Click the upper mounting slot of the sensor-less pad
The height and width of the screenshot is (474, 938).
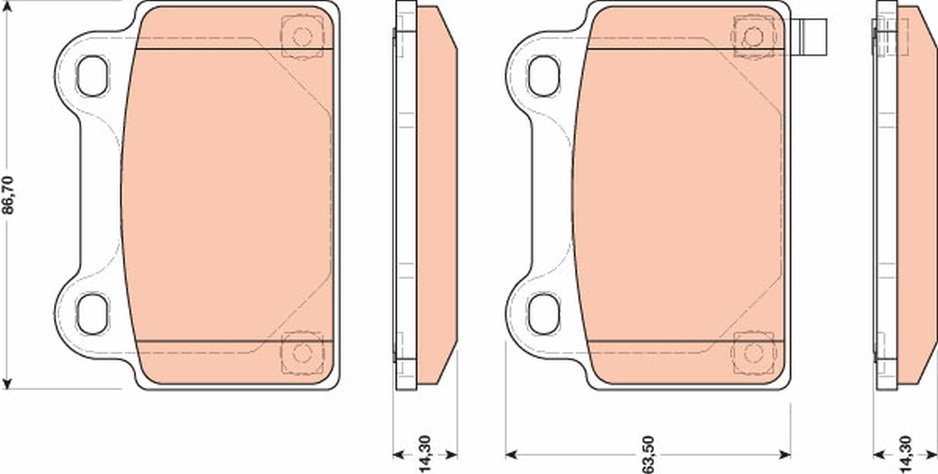(92, 76)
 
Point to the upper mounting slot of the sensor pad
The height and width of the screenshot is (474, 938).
(544, 76)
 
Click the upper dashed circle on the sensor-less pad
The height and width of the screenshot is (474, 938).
(302, 36)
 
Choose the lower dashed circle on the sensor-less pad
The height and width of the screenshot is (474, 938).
(302, 352)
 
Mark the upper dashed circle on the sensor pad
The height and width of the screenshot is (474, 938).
(754, 36)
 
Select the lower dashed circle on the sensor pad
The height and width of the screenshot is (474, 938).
(754, 352)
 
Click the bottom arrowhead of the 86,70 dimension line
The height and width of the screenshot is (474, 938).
(8, 382)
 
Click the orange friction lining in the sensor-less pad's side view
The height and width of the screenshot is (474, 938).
(436, 196)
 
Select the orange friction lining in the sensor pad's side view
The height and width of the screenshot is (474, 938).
(916, 196)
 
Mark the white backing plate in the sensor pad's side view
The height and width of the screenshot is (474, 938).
(885, 196)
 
